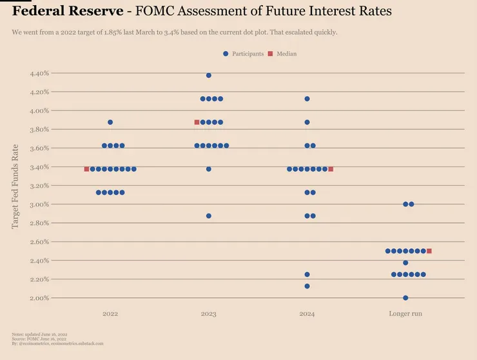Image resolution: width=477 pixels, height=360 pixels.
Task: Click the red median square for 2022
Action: (86, 169)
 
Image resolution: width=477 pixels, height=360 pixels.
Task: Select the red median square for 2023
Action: (197, 122)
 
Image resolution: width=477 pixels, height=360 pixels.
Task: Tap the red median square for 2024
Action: (331, 169)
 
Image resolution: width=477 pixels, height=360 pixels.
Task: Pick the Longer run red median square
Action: (429, 251)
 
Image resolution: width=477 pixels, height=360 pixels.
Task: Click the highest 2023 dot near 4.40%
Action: (209, 75)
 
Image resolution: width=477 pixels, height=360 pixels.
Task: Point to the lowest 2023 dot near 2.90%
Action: (209, 216)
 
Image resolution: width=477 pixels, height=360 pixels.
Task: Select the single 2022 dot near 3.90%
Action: (110, 122)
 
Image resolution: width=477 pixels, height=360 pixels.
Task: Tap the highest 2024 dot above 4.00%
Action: (307, 99)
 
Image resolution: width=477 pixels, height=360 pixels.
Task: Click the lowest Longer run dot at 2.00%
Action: (405, 298)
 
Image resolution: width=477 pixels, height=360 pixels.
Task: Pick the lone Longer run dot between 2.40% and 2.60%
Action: (405, 263)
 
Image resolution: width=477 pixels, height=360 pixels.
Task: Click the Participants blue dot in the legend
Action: (226, 54)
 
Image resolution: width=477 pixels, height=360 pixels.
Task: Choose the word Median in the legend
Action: (286, 54)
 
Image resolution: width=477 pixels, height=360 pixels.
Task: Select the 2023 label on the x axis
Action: (209, 314)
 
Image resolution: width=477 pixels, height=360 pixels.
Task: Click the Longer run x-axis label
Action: (405, 314)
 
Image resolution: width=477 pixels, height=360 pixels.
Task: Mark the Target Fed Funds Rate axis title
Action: (16, 186)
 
